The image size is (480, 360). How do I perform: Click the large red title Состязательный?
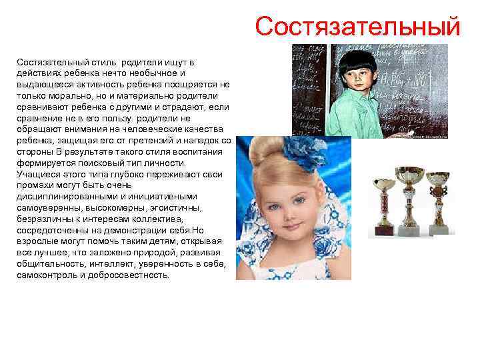tap(357, 27)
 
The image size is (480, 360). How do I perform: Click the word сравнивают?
tap(42, 107)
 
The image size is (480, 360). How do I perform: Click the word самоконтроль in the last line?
tap(46, 274)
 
